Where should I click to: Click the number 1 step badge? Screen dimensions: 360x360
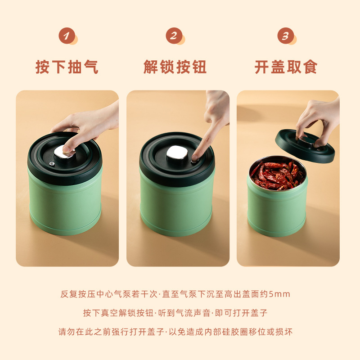[67, 36]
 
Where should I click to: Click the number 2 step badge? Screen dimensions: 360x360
[174, 36]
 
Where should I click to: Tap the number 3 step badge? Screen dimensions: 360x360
[286, 36]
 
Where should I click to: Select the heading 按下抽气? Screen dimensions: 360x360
[67, 67]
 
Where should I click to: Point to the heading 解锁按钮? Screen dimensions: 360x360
[175, 67]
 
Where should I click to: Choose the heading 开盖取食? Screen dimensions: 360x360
[286, 67]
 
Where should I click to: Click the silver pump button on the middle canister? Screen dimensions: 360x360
[177, 152]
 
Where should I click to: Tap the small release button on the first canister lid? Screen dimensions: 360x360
[52, 164]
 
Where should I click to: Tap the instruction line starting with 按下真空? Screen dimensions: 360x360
[175, 313]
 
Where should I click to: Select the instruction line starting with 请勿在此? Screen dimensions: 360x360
[175, 332]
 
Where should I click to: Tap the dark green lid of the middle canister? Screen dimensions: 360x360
[177, 156]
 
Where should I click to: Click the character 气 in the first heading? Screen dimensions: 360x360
[91, 67]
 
